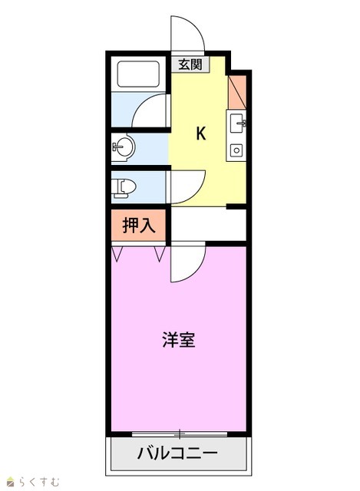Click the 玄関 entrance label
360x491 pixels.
(190, 64)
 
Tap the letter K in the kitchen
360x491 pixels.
(201, 133)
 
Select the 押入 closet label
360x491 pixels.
(138, 226)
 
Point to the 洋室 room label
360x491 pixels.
(179, 339)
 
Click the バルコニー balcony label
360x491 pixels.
(177, 453)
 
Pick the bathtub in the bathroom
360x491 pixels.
(138, 74)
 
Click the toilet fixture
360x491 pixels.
(124, 188)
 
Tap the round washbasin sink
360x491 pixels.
(124, 147)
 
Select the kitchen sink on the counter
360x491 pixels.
(237, 123)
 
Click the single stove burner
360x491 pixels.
(236, 150)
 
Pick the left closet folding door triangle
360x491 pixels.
(117, 254)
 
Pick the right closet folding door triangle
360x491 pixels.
(160, 254)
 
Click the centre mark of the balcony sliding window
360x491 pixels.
(180, 434)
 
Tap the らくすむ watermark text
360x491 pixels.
(38, 481)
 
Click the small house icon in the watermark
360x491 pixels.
(12, 481)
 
